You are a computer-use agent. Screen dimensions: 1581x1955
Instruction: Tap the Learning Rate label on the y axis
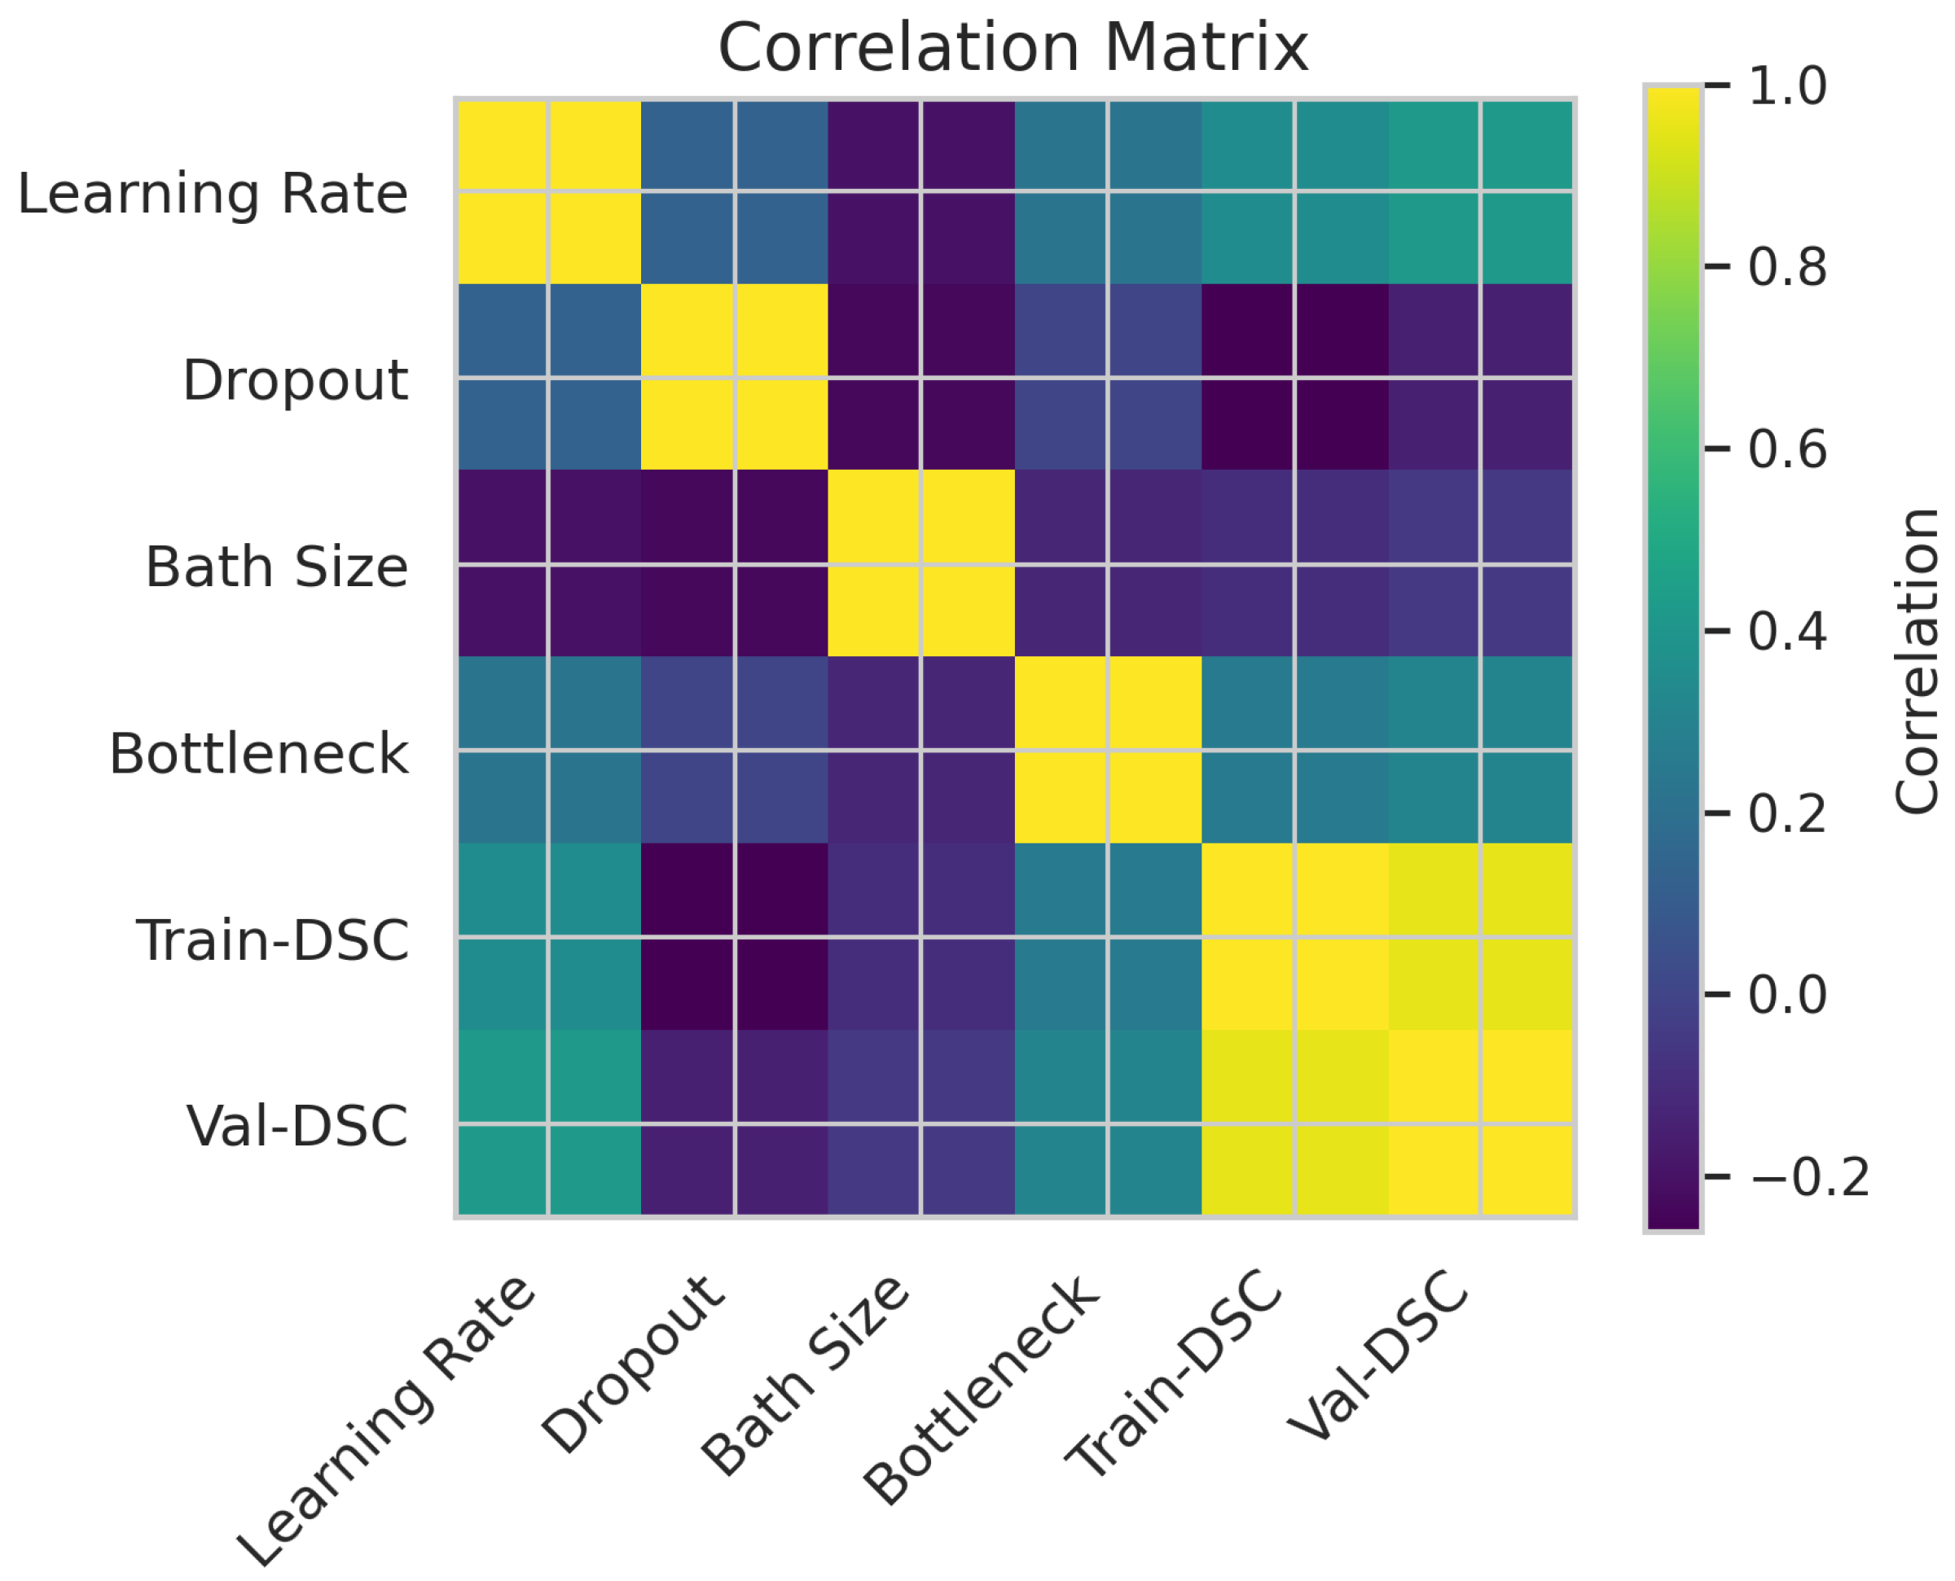click(x=213, y=193)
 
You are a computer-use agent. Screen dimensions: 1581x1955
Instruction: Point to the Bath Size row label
click(x=276, y=567)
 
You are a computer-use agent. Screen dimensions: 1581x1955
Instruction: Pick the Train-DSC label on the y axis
click(x=272, y=939)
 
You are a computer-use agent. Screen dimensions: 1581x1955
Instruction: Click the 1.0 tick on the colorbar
click(x=1786, y=85)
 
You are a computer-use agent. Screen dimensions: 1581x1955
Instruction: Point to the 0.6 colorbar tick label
click(x=1786, y=449)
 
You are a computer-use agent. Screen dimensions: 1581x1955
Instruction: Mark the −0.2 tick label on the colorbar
click(x=1808, y=1176)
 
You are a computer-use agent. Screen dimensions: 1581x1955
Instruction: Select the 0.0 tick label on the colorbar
click(x=1786, y=995)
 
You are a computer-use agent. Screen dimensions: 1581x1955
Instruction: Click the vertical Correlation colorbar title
click(x=1916, y=660)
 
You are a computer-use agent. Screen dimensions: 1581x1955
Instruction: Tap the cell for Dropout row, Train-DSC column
click(x=1294, y=378)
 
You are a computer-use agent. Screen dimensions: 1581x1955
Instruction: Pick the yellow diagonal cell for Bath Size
click(x=921, y=565)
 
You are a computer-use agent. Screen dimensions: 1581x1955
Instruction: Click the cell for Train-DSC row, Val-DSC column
click(x=1480, y=937)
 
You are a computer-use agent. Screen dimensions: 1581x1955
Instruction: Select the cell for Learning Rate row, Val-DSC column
click(x=1480, y=191)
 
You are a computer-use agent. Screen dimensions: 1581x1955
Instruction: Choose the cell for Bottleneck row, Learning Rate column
click(x=547, y=751)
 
